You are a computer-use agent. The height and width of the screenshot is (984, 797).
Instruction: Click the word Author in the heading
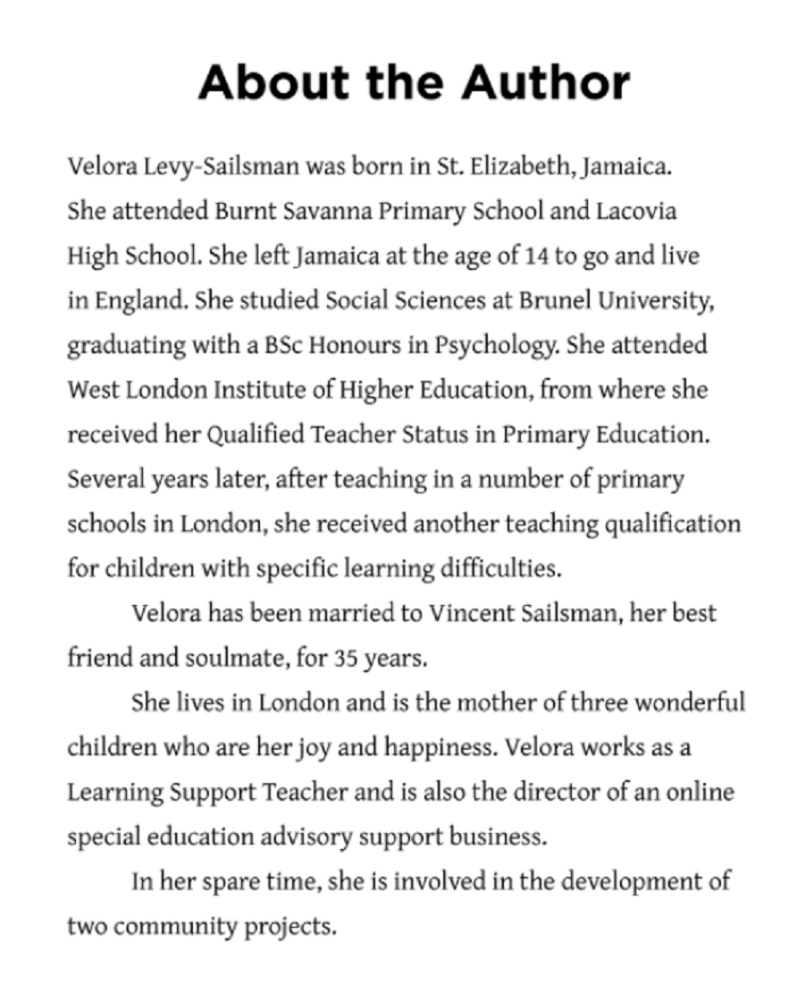(x=546, y=83)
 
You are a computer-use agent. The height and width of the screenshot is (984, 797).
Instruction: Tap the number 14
(x=532, y=257)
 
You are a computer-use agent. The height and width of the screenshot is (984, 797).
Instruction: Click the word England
(x=126, y=301)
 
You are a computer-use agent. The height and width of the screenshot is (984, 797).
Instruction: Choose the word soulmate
(x=233, y=659)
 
